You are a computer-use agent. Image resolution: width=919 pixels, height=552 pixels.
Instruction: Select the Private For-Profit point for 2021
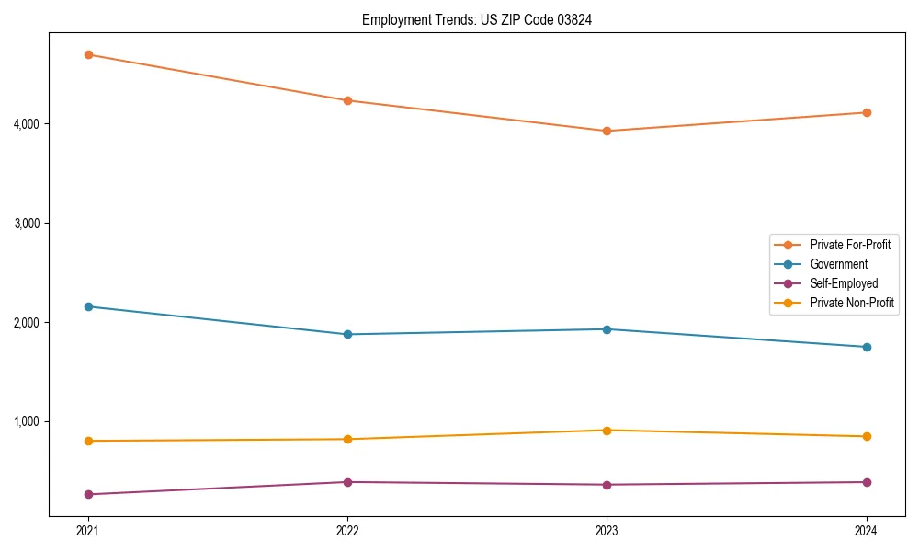(x=88, y=55)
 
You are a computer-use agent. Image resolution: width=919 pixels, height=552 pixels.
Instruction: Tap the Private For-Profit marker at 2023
(x=607, y=131)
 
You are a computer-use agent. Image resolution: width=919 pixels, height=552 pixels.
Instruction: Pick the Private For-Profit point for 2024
(x=867, y=112)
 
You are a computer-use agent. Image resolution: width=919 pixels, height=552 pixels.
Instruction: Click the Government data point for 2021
(x=88, y=306)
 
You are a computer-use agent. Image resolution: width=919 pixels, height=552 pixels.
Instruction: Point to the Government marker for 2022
(x=347, y=334)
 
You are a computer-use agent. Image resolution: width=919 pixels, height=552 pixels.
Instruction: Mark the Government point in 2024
(x=867, y=347)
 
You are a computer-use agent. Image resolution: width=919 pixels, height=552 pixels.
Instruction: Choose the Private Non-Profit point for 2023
(x=607, y=431)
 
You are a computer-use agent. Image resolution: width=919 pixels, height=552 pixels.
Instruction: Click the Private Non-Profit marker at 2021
(x=88, y=441)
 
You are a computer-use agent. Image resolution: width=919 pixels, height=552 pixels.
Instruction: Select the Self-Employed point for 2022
(x=347, y=482)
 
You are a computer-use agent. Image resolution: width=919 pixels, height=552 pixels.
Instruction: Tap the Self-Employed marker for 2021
(x=88, y=494)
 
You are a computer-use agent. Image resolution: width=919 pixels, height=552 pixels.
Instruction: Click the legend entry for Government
(x=838, y=264)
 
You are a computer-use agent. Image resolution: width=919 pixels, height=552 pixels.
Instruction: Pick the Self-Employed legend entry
(x=844, y=283)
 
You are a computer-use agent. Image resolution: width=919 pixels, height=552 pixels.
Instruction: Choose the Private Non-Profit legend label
(x=852, y=303)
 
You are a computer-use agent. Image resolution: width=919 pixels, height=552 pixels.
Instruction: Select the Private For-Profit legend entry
(x=849, y=245)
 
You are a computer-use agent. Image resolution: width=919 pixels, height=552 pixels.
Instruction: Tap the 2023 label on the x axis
(x=607, y=531)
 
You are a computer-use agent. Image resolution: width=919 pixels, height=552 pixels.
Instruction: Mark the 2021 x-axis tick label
(x=88, y=531)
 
